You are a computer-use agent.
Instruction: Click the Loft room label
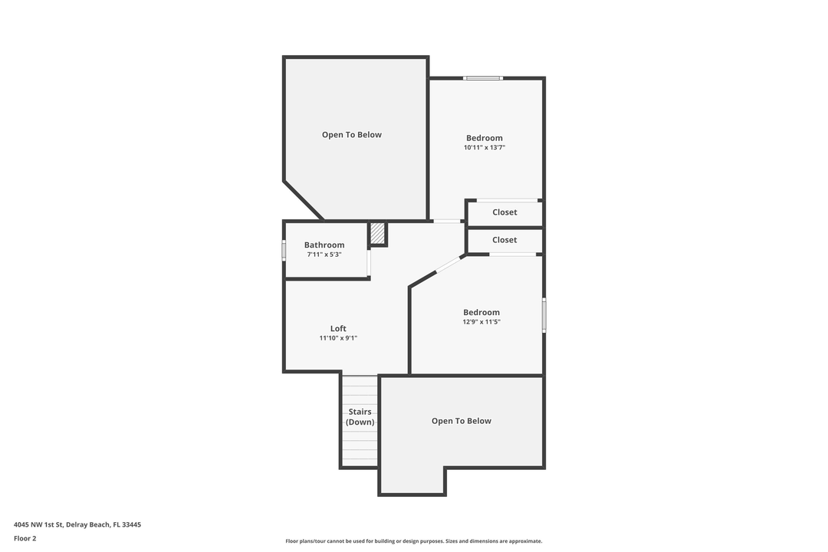pos(338,328)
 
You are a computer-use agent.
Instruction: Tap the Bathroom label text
pos(324,245)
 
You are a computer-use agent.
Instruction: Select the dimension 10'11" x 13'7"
pos(485,147)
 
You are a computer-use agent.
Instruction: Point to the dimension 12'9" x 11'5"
pos(481,322)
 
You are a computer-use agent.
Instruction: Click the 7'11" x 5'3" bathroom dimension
pos(324,255)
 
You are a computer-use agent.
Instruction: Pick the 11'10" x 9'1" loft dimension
pos(338,338)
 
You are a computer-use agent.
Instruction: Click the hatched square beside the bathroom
pos(377,234)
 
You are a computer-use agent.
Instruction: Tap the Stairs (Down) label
pos(360,417)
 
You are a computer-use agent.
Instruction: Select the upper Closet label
pos(504,212)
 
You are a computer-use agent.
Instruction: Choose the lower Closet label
pos(504,240)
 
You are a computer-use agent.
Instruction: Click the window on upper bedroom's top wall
pos(483,77)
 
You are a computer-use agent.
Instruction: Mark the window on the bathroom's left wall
pos(284,250)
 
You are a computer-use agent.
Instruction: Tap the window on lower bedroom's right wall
pos(544,315)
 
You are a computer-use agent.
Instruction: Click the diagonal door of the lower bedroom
pos(449,264)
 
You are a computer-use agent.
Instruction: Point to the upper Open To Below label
pos(351,135)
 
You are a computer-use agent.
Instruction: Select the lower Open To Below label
pos(461,421)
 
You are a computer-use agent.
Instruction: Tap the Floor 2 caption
pos(25,538)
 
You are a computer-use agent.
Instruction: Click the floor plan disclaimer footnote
pos(413,541)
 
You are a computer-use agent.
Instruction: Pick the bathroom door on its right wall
pos(369,262)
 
